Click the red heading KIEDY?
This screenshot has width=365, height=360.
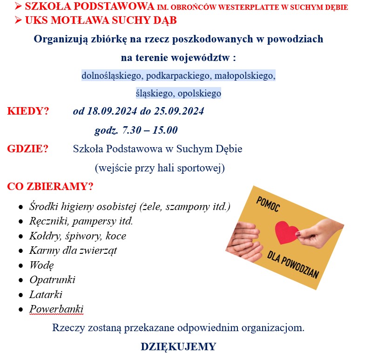pos(28,112)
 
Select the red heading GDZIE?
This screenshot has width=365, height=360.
pos(28,149)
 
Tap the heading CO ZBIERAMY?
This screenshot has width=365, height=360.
pos(50,187)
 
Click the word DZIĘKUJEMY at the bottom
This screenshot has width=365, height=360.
pos(178,347)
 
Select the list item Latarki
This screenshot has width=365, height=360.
pos(46,294)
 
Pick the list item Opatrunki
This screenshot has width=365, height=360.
pos(52,280)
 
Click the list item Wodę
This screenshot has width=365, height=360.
pos(41,265)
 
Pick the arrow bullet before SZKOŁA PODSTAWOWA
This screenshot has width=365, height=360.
pos(18,7)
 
